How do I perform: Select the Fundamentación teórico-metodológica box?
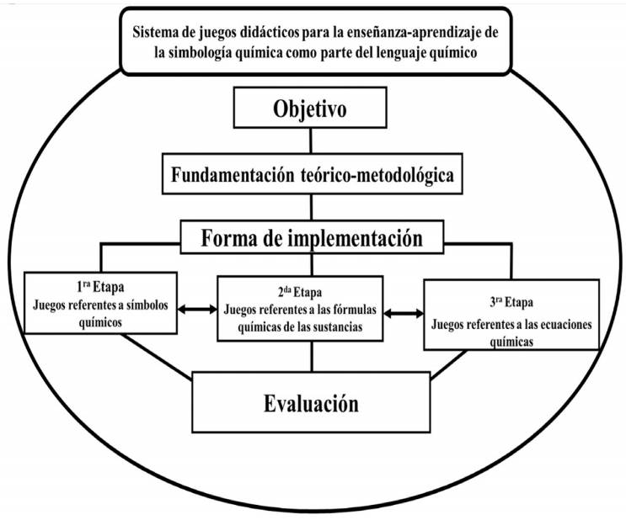coord(313,177)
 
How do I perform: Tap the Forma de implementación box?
coord(313,238)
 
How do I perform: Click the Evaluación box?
coord(311,402)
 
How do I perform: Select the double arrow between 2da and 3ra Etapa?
coord(404,314)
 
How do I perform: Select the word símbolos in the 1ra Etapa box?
coord(136,305)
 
